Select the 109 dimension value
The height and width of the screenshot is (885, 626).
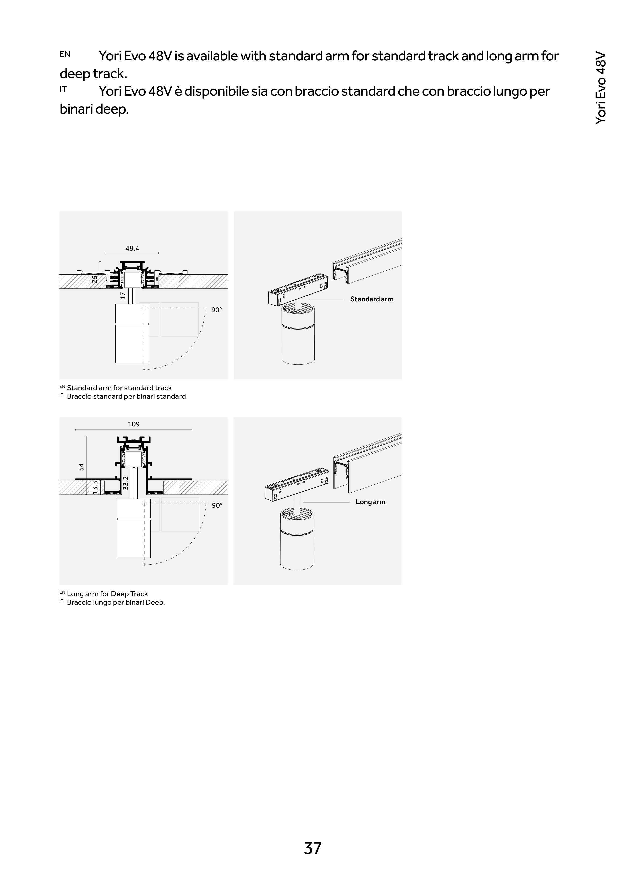133,424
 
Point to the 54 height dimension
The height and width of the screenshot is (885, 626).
81,466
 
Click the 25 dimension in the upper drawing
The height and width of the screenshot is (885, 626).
95,279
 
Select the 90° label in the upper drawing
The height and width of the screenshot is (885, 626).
216,310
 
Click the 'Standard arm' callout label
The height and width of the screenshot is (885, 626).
372,299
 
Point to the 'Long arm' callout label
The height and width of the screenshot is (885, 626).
370,502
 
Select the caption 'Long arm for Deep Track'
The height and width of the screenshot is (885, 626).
107,594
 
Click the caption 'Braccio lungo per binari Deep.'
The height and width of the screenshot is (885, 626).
116,602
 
